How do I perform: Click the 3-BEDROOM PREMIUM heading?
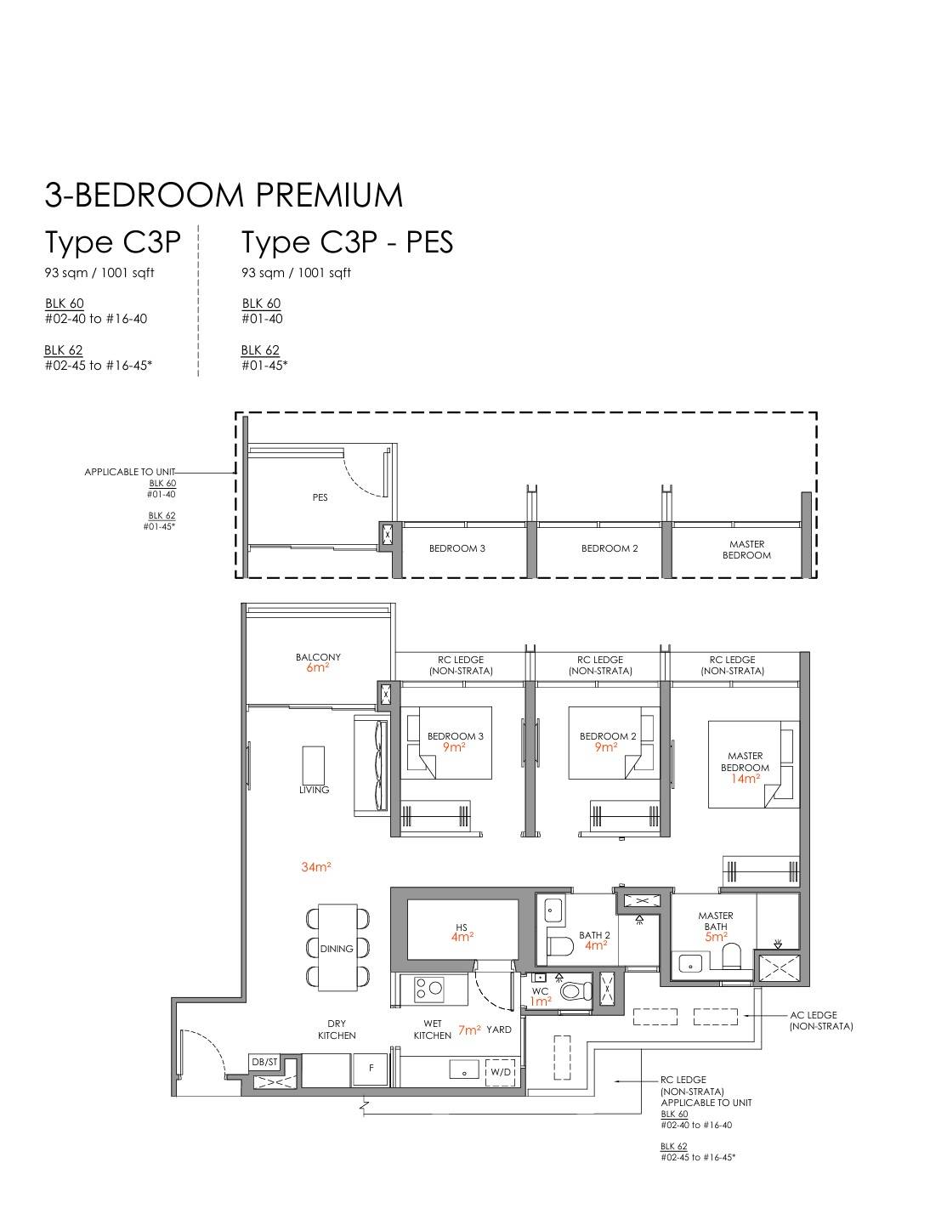pyautogui.click(x=224, y=195)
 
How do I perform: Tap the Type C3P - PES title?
pyautogui.click(x=347, y=242)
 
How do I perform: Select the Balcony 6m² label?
pyautogui.click(x=318, y=661)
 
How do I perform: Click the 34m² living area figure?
pyautogui.click(x=316, y=867)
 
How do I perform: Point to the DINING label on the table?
pyautogui.click(x=337, y=948)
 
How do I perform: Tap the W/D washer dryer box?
pyautogui.click(x=501, y=1072)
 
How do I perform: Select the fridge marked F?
pyautogui.click(x=371, y=1069)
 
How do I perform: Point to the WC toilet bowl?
pyautogui.click(x=576, y=990)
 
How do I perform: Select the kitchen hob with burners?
pyautogui.click(x=428, y=989)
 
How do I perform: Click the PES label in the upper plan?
pyautogui.click(x=320, y=497)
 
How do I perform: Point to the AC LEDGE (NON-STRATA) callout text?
pyautogui.click(x=821, y=1020)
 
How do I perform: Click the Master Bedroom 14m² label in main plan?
pyautogui.click(x=746, y=767)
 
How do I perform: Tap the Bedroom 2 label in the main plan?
pyautogui.click(x=607, y=736)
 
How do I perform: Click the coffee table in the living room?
pyautogui.click(x=314, y=765)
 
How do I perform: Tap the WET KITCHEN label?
pyautogui.click(x=433, y=1030)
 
